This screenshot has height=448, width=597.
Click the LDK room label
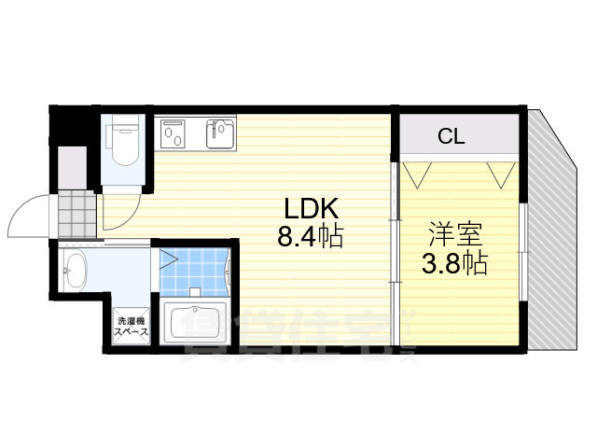coord(298,208)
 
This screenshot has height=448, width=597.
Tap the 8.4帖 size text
coord(310,236)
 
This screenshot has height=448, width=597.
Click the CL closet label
coord(451,137)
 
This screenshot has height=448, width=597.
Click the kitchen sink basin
coord(220,133)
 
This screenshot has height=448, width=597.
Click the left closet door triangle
coord(417,173)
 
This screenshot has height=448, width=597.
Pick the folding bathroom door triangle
coord(168,257)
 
